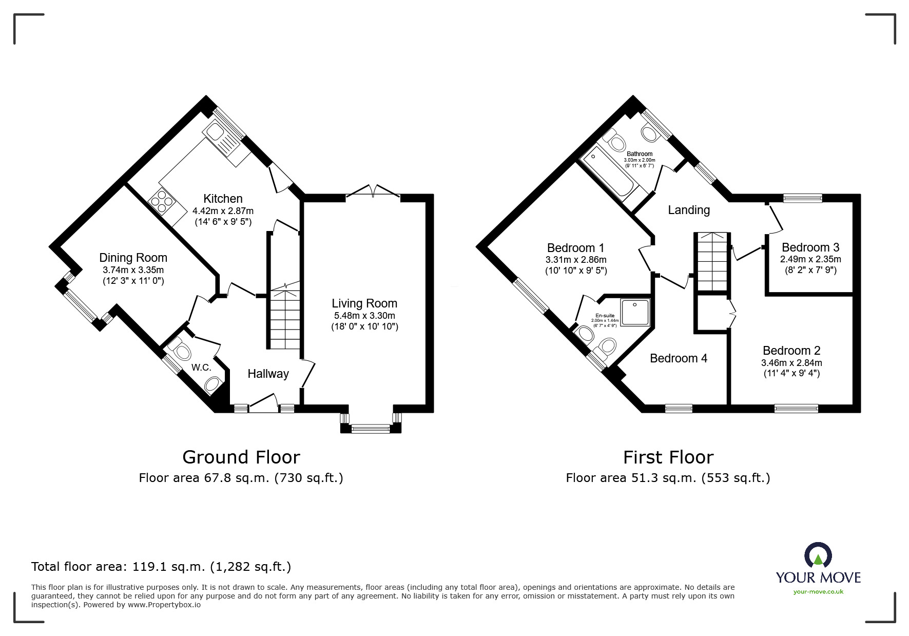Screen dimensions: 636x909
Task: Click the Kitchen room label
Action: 223,199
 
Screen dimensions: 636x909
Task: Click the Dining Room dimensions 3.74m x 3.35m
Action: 133,270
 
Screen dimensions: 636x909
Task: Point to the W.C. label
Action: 201,368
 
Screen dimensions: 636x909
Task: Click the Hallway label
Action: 268,374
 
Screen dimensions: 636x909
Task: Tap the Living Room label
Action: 364,303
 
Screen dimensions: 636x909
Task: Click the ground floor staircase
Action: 284,318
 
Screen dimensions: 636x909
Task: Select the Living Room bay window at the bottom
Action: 371,427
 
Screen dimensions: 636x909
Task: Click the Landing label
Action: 689,210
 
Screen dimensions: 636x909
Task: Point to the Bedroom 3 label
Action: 810,247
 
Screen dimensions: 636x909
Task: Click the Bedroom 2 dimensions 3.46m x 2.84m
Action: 791,363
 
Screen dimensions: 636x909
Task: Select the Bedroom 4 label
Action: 679,358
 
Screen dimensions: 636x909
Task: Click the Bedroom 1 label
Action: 575,248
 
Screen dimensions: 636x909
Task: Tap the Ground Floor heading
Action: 241,457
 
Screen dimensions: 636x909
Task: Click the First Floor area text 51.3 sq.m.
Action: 668,478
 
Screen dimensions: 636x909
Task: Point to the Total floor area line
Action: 161,567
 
